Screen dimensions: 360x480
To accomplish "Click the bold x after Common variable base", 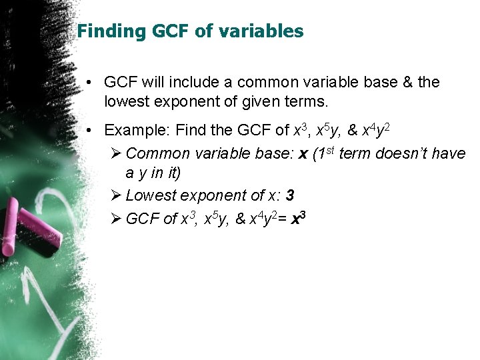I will point(303,154).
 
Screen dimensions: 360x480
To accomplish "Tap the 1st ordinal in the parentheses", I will point(325,153).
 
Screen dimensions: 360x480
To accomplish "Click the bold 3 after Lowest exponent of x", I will point(290,195).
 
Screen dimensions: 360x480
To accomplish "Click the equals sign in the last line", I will point(283,219).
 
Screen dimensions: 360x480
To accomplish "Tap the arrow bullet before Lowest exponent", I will point(115,195).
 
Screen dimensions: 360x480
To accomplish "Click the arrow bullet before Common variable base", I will point(115,153).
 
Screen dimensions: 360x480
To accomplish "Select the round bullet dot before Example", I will point(89,130).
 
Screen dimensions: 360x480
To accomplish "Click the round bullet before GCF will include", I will point(89,83).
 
